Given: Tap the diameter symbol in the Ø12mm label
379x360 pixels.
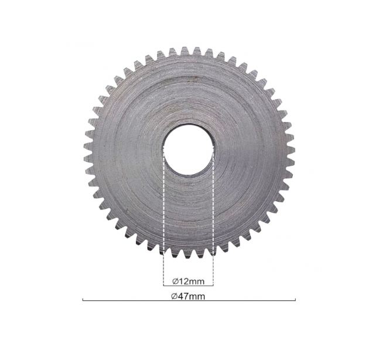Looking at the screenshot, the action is pyautogui.click(x=176, y=281).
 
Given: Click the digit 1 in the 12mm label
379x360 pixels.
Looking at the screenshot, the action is pyautogui.click(x=181, y=281).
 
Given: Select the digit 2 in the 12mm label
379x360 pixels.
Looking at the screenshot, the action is pyautogui.click(x=185, y=281).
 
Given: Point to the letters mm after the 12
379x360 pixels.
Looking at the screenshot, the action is pyautogui.click(x=196, y=282).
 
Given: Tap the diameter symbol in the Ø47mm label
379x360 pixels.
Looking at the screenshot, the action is pyautogui.click(x=175, y=296).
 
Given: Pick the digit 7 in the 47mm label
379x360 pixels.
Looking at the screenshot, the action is pyautogui.click(x=186, y=296).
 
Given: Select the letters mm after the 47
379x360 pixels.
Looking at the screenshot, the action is pyautogui.click(x=197, y=297).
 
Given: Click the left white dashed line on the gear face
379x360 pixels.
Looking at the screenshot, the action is pyautogui.click(x=163, y=201).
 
